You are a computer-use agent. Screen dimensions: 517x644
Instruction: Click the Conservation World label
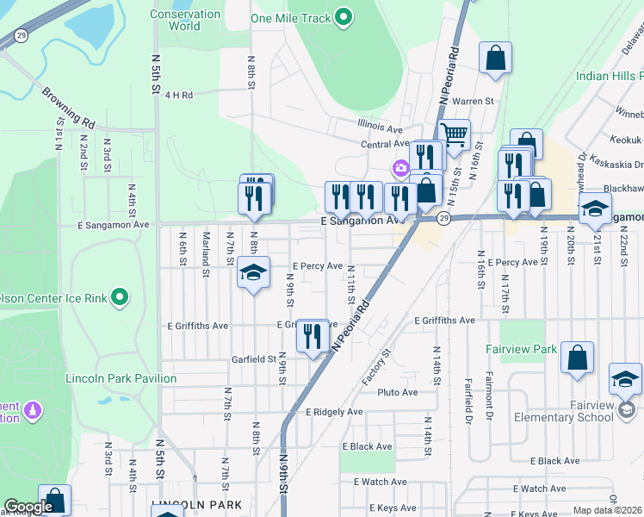pyautogui.click(x=185, y=20)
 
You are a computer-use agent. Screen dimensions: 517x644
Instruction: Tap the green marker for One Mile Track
pyautogui.click(x=344, y=17)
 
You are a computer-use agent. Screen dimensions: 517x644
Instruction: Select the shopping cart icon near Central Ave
pyautogui.click(x=454, y=134)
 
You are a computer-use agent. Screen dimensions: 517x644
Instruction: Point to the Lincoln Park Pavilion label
pyautogui.click(x=121, y=378)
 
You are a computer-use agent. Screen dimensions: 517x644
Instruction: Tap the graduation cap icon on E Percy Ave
pyautogui.click(x=253, y=272)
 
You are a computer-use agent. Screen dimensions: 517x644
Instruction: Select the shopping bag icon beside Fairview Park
pyautogui.click(x=577, y=356)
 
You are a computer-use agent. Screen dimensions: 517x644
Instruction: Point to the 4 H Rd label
pyautogui.click(x=179, y=95)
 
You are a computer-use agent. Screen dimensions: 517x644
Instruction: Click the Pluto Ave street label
pyautogui.click(x=397, y=392)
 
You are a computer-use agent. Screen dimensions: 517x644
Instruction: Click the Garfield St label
pyautogui.click(x=253, y=359)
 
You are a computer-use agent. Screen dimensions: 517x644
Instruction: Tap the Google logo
pyautogui.click(x=28, y=508)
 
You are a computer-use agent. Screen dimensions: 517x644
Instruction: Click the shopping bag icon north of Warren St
pyautogui.click(x=495, y=58)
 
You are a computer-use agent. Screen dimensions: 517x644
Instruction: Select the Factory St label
pyautogui.click(x=376, y=367)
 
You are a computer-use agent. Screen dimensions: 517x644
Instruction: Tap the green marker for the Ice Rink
pyautogui.click(x=121, y=298)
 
